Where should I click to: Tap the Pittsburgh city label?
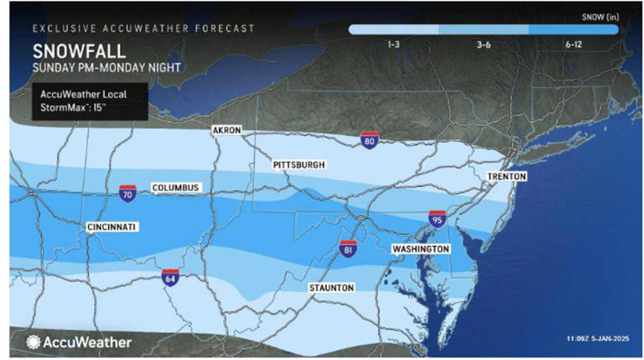pos(299,165)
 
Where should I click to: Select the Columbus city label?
pos(175,187)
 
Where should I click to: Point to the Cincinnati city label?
pos(112,227)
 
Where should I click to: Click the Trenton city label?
pos(506,177)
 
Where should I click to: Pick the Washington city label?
pos(421,250)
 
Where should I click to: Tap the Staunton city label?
pos(330,288)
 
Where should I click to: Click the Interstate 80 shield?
pos(369,141)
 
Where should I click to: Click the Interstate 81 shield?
pos(348,248)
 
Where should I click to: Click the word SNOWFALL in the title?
pos(70,50)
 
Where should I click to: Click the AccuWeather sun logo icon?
pos(34,342)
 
